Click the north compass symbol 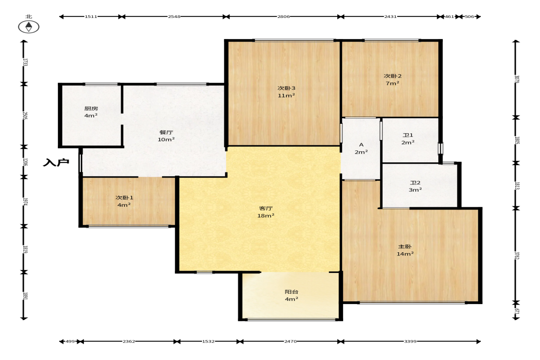pos(28,27)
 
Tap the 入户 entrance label pos(56,162)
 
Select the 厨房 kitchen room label pos(91,108)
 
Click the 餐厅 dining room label pos(166,132)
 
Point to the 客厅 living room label pos(266,208)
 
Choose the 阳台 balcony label pos(291,292)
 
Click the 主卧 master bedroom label pos(405,246)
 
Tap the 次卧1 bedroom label pos(124,198)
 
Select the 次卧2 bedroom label pos(393,76)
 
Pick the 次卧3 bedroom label pos(287,88)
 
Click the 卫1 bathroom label pos(408,135)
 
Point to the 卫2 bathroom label pos(415,183)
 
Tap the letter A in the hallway pos(361,144)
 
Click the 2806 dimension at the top pos(284,17)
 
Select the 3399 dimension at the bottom pos(410,341)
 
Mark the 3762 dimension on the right pos(517,255)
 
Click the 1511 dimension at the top pos(91,17)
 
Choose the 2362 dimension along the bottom pos(129,341)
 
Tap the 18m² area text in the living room pos(266,216)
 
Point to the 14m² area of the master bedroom pos(405,254)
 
